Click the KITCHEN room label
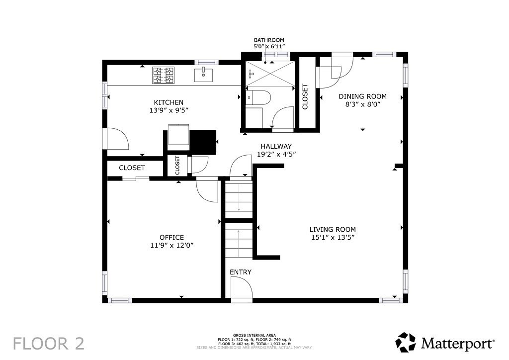pos(169,102)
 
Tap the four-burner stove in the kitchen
pos(163,75)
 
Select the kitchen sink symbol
pos(203,75)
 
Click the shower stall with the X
pos(270,74)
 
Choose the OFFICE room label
pos(171,238)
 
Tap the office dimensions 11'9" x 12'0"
pos(172,246)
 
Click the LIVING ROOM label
pos(333,230)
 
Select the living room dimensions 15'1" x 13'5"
pos(333,237)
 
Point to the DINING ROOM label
pos(362,96)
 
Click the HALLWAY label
pos(276,146)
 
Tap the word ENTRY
pos(241,272)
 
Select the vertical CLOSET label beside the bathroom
pos(305,97)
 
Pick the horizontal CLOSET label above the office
pos(132,168)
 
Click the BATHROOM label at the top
pos(269,40)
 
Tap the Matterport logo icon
pos(406,342)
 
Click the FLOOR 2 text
pos(49,344)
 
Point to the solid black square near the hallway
pos(203,142)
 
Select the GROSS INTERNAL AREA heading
pos(254,335)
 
